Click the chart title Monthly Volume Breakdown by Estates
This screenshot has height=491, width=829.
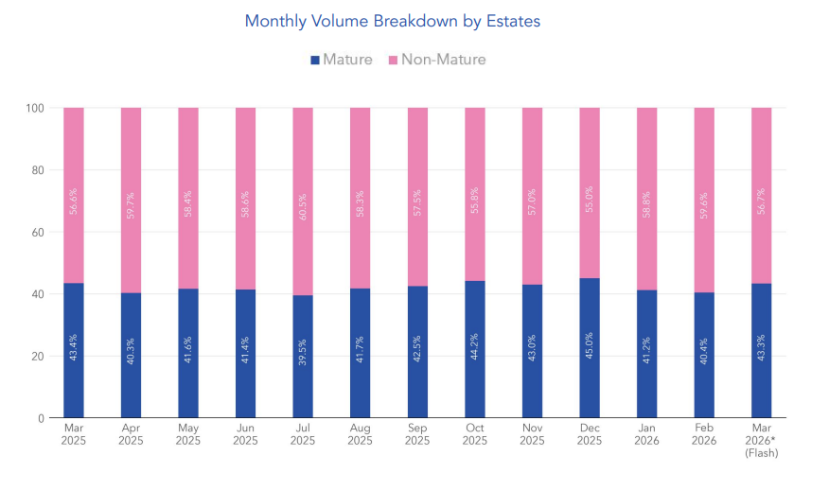point(393,21)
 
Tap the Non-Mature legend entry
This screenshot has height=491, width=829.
point(434,60)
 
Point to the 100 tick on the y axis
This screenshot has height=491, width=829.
point(35,108)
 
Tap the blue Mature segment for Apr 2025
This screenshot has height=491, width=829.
point(131,356)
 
